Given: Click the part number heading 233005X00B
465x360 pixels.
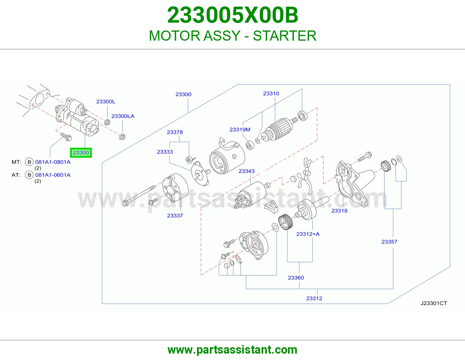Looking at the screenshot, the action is [x=233, y=15].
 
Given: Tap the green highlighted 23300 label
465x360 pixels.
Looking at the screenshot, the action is [x=81, y=153].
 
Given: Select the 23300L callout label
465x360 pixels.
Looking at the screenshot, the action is [x=106, y=102].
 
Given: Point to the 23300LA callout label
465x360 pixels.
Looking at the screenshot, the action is [x=123, y=116].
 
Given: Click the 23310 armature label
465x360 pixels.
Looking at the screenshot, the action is [x=271, y=93].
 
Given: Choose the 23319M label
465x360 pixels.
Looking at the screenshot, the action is [x=240, y=129].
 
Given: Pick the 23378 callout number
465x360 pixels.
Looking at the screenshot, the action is [x=175, y=132].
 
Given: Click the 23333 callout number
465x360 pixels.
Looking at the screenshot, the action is [x=165, y=152].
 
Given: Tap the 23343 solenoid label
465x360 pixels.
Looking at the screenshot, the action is [x=246, y=171].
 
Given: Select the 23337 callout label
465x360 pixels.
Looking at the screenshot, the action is [x=175, y=215].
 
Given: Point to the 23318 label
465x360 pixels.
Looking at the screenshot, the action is [x=339, y=210].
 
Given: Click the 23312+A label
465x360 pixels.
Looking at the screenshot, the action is [x=308, y=234].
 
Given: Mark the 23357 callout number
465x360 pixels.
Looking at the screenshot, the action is [x=389, y=242].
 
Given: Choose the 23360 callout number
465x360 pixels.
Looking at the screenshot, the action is [x=296, y=278].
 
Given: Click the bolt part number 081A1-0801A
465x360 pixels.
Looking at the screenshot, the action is [x=53, y=162].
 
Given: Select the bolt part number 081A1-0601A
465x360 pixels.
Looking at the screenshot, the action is [x=53, y=175].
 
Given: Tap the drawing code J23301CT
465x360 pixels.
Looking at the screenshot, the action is [x=434, y=303].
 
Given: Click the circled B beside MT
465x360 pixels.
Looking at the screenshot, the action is [x=29, y=162].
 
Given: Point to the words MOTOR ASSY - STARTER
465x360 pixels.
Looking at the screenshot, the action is [x=233, y=36].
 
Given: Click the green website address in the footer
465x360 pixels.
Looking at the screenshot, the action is [x=233, y=350].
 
